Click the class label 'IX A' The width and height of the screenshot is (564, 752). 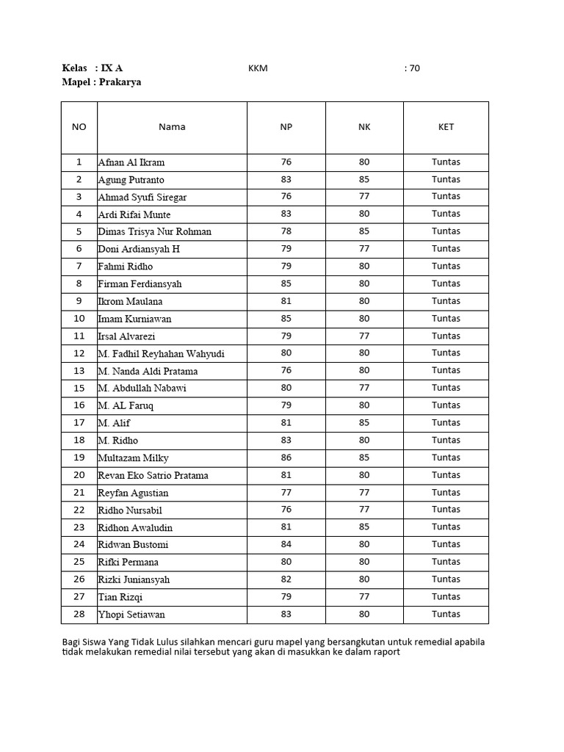click(112, 68)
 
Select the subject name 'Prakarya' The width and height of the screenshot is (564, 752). click(120, 82)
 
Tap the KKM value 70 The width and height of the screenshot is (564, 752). click(414, 68)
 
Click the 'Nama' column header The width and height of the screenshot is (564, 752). click(172, 126)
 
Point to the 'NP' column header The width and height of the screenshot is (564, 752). click(286, 126)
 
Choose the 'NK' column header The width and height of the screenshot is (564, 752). click(364, 126)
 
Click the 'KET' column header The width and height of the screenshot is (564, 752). click(446, 126)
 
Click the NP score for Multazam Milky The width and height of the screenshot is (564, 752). click(286, 458)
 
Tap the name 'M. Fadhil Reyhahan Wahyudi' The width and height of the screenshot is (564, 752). click(161, 354)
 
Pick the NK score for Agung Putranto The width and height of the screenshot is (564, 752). click(364, 179)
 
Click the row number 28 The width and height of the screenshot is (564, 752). click(79, 614)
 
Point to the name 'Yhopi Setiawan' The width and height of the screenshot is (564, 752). click(131, 615)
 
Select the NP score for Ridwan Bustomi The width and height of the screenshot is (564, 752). click(286, 544)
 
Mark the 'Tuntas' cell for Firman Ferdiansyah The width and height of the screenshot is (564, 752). click(446, 283)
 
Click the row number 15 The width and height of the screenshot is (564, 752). click(79, 388)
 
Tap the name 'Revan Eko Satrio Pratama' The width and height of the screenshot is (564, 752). click(153, 475)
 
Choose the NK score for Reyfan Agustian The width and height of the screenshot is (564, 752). click(364, 492)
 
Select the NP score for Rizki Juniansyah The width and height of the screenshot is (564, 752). click(286, 579)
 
